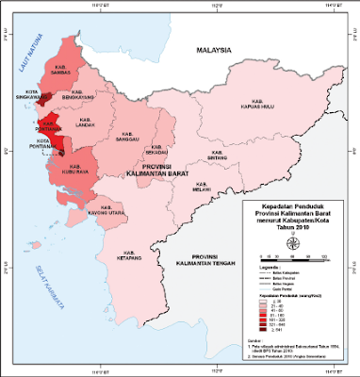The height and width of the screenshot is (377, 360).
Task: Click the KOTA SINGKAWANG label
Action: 30,93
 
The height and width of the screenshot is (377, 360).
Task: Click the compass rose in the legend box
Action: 296,242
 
